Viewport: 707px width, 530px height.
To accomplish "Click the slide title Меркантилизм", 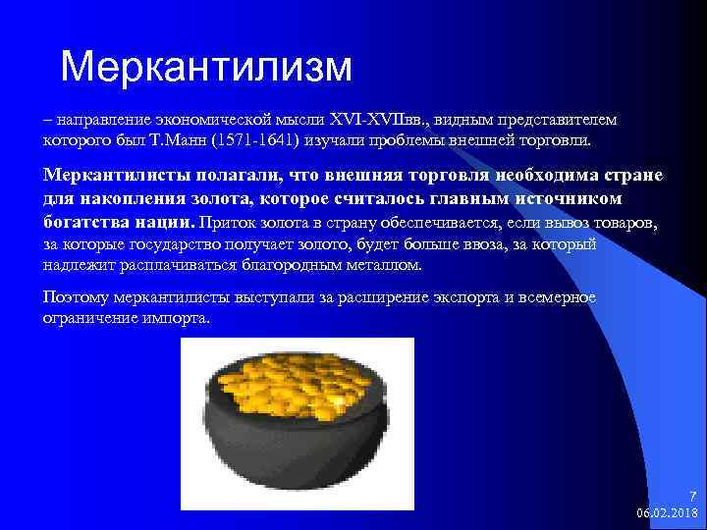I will pyautogui.click(x=205, y=66).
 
